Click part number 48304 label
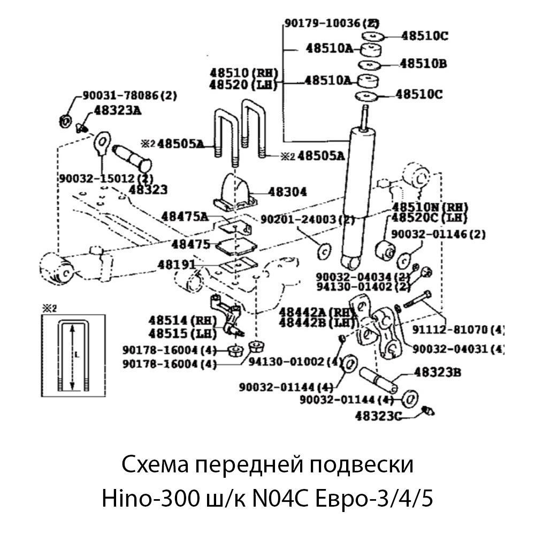(x=288, y=192)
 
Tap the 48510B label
(x=423, y=64)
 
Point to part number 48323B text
(x=438, y=372)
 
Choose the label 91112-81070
(x=458, y=329)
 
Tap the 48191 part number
(x=176, y=264)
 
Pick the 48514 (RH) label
(x=182, y=320)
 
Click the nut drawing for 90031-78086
(x=64, y=121)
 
